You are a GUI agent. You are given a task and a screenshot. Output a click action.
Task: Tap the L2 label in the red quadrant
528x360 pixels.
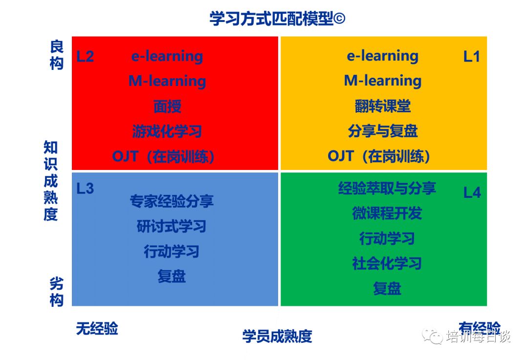point(85,57)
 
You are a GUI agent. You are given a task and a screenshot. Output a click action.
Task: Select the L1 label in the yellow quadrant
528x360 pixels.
point(471,57)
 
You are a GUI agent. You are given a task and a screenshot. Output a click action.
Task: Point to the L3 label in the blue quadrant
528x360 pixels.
point(85,189)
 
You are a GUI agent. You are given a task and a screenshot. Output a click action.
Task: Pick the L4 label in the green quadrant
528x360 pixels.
point(472,193)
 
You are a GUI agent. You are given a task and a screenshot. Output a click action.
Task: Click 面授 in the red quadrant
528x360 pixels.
point(167,106)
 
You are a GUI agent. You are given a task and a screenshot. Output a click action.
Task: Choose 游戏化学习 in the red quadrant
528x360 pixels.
point(167,131)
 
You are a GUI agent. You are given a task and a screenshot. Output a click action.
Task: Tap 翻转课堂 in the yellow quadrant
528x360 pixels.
point(383,106)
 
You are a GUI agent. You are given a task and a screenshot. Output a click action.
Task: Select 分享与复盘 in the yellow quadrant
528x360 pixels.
point(383,131)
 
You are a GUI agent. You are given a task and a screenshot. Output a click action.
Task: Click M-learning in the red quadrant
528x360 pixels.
point(167,82)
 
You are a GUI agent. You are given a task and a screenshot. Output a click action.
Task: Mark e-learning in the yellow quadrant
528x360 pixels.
point(383,56)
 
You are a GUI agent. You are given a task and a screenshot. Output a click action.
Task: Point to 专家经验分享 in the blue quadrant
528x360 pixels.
point(172,201)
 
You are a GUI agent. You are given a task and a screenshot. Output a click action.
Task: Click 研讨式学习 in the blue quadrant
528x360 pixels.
point(172,227)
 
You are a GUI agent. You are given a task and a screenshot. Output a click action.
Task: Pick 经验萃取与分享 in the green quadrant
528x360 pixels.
point(387,188)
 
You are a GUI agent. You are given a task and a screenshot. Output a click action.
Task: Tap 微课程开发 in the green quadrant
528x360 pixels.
point(387,213)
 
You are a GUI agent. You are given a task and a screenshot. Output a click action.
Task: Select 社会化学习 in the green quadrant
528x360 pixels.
point(387,263)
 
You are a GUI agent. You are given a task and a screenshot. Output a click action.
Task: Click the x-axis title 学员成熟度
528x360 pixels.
point(277,337)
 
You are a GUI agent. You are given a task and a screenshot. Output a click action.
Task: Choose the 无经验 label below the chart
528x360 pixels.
point(97,329)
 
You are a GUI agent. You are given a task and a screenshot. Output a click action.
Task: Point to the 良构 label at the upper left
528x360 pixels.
point(57,55)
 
